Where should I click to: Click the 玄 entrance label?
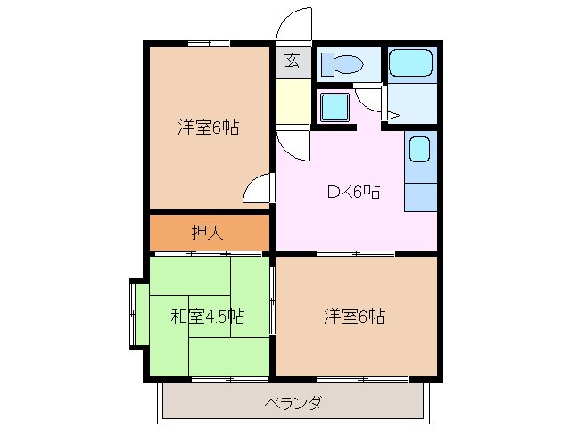point(293,62)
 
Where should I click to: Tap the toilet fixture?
point(342,64)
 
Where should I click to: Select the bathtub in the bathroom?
point(410,62)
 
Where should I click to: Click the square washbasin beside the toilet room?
point(335,108)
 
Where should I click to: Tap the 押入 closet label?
point(208,233)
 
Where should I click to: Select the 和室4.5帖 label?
point(208,316)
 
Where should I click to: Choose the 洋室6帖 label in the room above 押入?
point(208,127)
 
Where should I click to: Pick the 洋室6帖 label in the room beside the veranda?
point(354,316)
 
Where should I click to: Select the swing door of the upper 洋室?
point(257,190)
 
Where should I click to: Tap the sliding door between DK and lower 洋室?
point(355,254)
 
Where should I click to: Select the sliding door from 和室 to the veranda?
point(211,379)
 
